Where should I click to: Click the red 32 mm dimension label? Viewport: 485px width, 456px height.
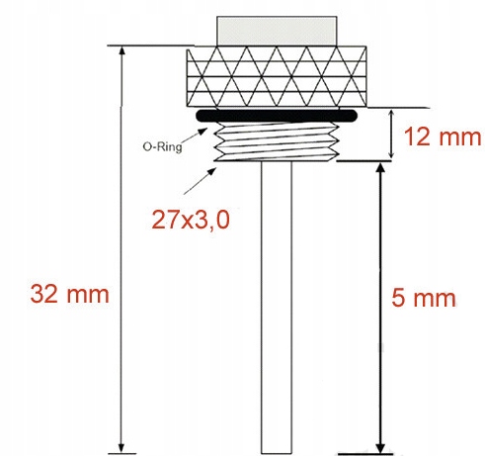click(69, 294)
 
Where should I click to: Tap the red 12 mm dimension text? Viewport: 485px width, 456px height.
click(443, 137)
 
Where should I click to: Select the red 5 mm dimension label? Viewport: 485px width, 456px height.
click(424, 298)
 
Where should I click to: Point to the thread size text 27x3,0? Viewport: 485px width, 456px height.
click(191, 220)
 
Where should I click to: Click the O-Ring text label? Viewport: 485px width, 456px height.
click(162, 146)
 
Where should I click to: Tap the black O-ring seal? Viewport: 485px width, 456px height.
click(277, 116)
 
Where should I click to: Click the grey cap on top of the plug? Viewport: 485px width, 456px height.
click(277, 31)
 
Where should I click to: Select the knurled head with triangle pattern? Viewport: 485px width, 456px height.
click(277, 77)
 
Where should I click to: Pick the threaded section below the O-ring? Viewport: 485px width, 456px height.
click(277, 141)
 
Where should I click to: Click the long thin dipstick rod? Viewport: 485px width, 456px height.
click(277, 308)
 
